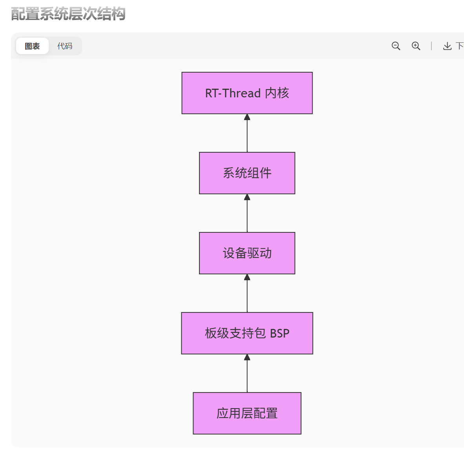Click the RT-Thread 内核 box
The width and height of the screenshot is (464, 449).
247,93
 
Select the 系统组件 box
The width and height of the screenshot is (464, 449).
247,173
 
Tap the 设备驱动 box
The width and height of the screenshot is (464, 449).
247,253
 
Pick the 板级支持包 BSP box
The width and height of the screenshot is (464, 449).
247,333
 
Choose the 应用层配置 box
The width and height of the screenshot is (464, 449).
247,413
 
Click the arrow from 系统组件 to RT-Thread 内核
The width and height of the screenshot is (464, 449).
247,133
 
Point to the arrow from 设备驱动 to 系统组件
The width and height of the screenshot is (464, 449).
247,214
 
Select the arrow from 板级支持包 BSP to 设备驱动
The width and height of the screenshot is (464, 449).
247,294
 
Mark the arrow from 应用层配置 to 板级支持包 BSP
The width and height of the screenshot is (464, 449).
247,374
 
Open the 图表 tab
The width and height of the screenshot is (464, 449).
32,46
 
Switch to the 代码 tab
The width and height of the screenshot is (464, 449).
65,46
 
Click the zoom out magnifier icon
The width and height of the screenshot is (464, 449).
396,46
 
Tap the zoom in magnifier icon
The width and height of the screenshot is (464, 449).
416,46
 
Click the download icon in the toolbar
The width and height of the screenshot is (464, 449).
447,46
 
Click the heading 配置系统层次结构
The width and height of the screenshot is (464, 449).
68,14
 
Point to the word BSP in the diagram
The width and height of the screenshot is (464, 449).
279,334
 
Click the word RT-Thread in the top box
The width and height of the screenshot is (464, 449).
233,93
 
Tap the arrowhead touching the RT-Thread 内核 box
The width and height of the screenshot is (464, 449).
247,117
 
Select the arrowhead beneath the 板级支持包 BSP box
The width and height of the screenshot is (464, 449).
247,357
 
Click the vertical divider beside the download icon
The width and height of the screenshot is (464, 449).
431,46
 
